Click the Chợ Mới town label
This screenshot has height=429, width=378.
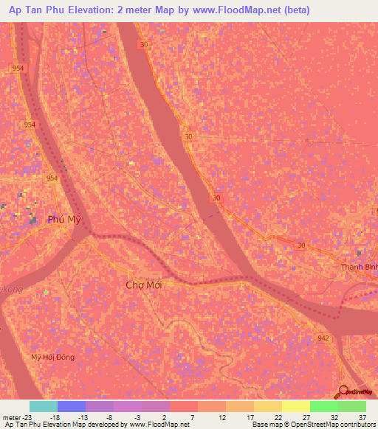coord(143,285)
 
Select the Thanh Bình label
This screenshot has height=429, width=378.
coord(358,267)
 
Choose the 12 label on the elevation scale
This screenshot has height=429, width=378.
coord(221,416)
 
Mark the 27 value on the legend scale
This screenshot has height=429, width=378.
coord(306,416)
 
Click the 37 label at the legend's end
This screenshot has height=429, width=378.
coord(362,416)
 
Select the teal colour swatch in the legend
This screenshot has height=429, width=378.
coord(44,406)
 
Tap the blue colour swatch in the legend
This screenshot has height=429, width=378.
coord(72,406)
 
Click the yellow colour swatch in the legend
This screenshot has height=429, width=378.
coord(296,406)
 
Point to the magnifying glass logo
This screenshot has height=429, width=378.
coord(342,391)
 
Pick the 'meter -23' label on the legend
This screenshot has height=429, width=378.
coord(15,416)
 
